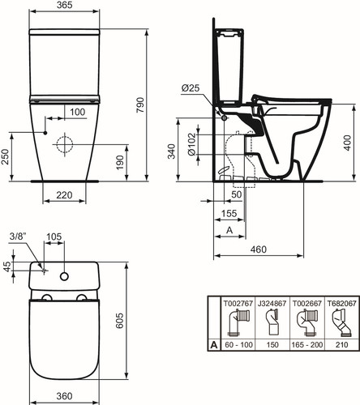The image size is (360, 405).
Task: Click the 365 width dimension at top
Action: [x=64, y=5]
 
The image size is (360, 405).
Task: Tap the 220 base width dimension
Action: [x=64, y=194]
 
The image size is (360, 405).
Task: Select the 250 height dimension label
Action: [x=6, y=157]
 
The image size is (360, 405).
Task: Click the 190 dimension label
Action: [x=119, y=162]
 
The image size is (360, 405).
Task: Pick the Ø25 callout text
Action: [x=191, y=88]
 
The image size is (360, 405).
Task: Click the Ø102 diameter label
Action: [x=191, y=144]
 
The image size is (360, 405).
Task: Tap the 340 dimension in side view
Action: [x=172, y=151]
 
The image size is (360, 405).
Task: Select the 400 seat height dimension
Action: [x=348, y=143]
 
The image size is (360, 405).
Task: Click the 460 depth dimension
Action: [x=259, y=249]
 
